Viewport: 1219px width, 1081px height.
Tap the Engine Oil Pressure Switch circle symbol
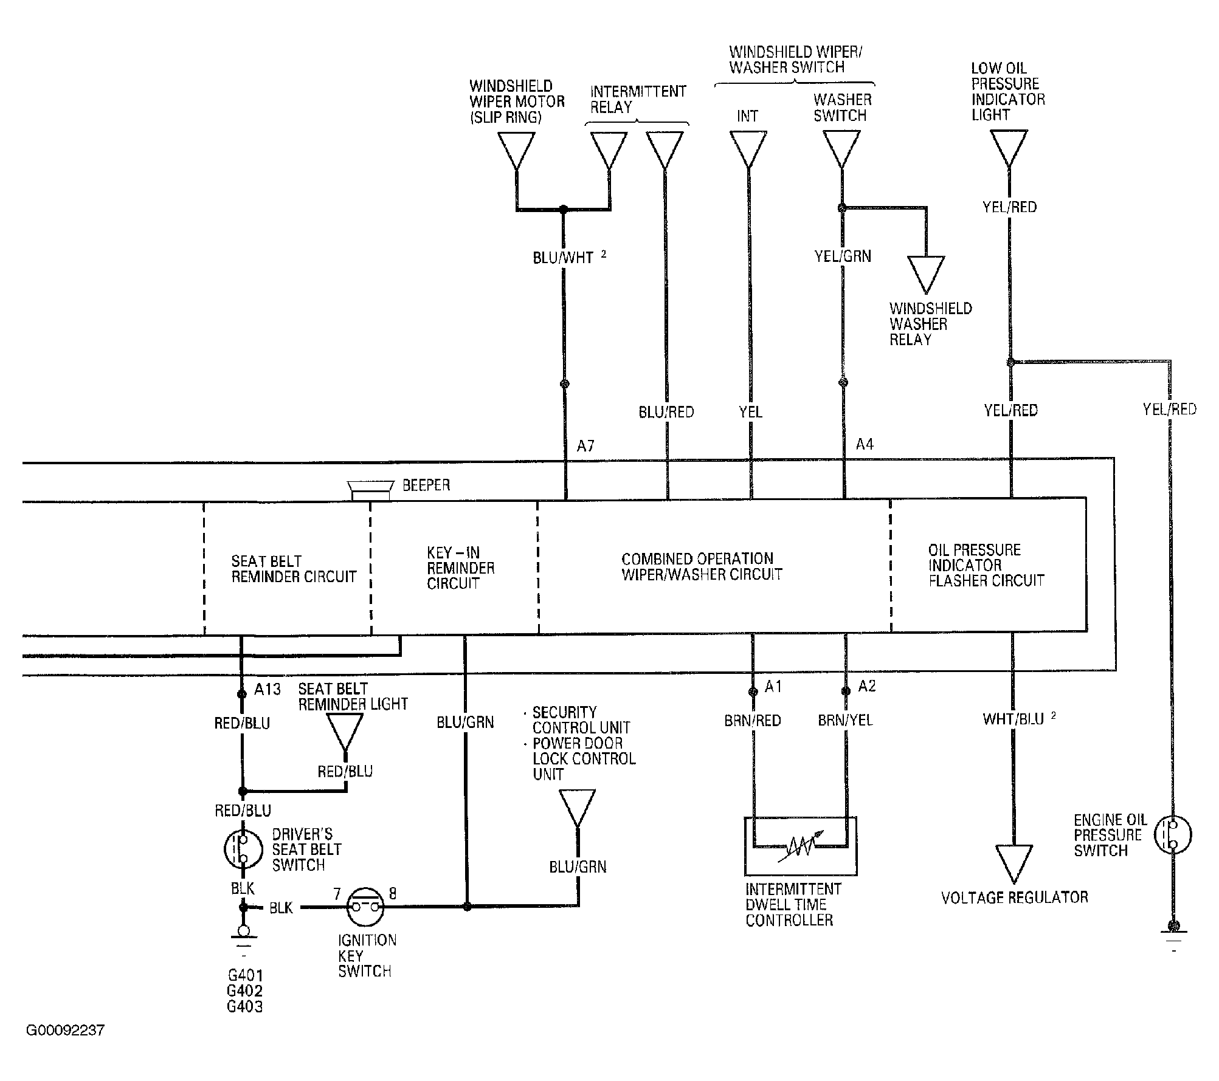(1172, 835)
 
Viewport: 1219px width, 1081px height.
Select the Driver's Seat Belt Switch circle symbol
(243, 849)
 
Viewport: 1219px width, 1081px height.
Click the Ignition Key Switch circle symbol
(365, 907)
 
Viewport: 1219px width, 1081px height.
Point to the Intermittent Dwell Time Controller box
(801, 846)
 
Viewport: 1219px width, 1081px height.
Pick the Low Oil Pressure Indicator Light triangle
(1009, 148)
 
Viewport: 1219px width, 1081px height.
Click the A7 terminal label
(585, 447)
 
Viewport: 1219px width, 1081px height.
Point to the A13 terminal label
(268, 689)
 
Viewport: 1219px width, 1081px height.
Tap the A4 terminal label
(865, 445)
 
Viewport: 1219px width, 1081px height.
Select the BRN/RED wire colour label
(753, 721)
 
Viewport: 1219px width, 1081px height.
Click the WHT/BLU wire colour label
(1014, 719)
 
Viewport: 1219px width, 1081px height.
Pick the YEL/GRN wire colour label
(843, 256)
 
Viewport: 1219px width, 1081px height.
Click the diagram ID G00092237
(65, 1031)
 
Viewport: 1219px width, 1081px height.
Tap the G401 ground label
(245, 975)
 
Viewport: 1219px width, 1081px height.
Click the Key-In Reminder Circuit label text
(460, 568)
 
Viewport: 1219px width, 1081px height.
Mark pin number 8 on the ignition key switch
(393, 893)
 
